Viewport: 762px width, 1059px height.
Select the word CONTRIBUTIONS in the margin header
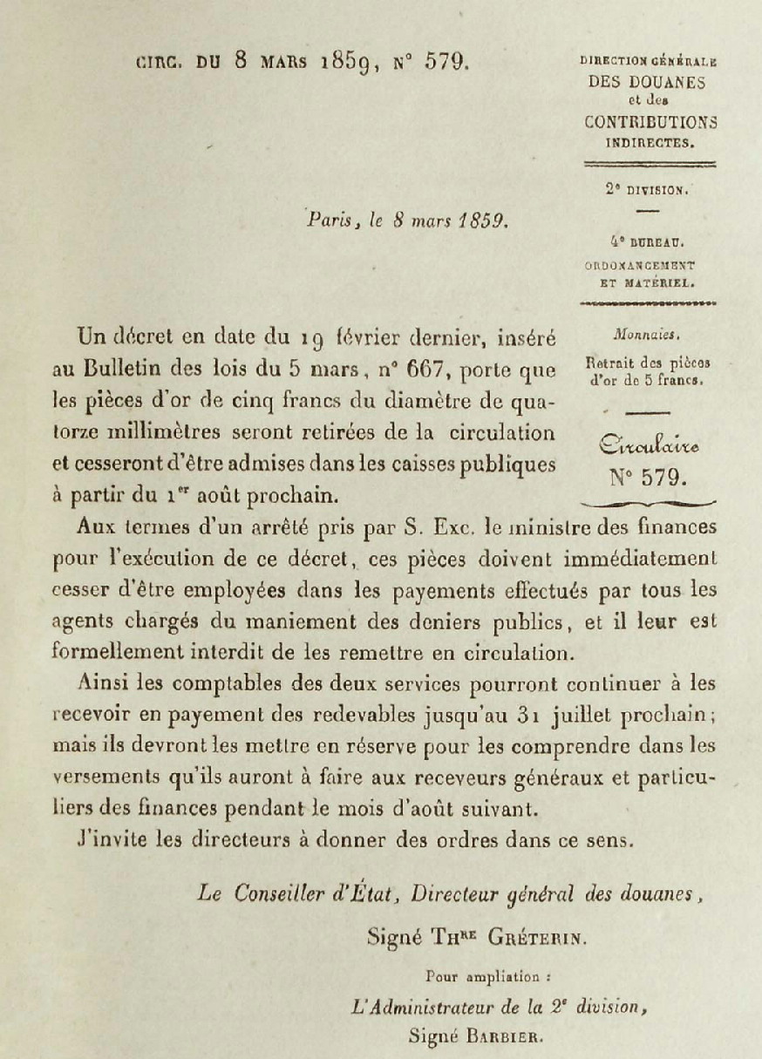pyautogui.click(x=650, y=122)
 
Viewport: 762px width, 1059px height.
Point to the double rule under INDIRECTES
pyautogui.click(x=649, y=164)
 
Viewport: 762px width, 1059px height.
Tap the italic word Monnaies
pyautogui.click(x=647, y=334)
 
